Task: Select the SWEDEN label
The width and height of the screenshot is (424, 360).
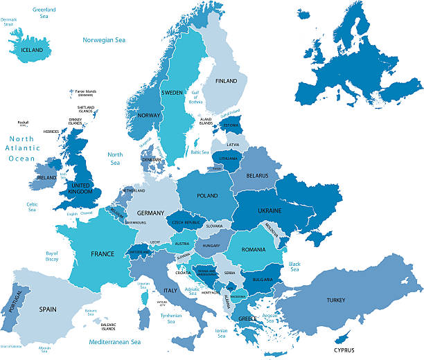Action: (x=172, y=93)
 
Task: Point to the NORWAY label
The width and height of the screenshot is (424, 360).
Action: (x=150, y=116)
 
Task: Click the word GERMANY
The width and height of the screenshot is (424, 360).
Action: (x=150, y=213)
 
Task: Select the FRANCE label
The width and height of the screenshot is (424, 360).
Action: (x=102, y=254)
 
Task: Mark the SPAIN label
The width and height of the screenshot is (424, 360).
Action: (x=48, y=309)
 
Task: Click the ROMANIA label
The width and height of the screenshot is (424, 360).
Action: (x=254, y=249)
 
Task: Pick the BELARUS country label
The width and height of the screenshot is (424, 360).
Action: (x=257, y=176)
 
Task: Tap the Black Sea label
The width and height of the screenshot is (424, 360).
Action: (x=294, y=267)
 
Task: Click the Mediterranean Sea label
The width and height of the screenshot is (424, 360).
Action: (x=114, y=342)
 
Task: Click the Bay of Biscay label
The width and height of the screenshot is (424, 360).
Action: (x=52, y=256)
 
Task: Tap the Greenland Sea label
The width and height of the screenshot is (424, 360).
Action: (x=44, y=12)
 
